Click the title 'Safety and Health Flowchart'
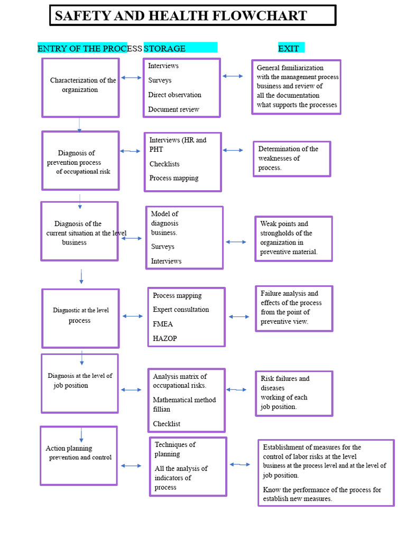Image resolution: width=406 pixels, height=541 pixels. pos(181,16)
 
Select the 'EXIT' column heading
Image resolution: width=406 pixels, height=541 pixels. pos(289,49)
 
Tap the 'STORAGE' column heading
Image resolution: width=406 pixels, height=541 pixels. pos(165,49)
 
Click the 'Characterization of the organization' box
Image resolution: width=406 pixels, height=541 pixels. pos(80,87)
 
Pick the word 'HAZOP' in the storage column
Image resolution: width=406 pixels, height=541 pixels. pos(165,338)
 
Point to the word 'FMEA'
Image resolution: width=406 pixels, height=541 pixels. pos(163,324)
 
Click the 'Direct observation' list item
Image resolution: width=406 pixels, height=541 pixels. pos(174,95)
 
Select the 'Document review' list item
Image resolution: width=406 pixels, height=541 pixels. pos(173,109)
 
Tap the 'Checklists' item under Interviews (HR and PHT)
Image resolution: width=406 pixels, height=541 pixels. pos(164,164)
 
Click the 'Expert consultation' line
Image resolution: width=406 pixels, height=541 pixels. pos(181,310)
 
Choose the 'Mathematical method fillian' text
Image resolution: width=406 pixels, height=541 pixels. pos(184,405)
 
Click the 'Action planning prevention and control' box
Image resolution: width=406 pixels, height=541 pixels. pos(79,455)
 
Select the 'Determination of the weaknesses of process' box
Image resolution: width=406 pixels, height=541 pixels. pos(292,158)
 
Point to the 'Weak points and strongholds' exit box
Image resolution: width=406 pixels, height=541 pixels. pos(293,238)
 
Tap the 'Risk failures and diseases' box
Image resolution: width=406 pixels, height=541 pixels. pos(294,393)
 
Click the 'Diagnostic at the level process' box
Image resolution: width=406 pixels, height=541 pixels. pos(80,318)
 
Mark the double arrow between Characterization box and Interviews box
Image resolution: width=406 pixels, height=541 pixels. pos(131,78)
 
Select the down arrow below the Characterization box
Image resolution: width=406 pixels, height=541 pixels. pos(79,125)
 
